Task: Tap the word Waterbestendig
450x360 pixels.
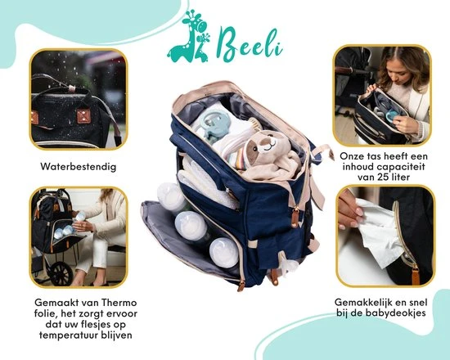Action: (x=79, y=167)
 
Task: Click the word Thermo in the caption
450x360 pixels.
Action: (x=119, y=303)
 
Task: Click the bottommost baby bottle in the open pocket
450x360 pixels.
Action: (x=224, y=253)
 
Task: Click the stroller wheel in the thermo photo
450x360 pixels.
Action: (x=61, y=273)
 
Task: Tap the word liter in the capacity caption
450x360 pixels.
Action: (x=401, y=177)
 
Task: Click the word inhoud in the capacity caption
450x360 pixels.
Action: (x=358, y=167)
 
